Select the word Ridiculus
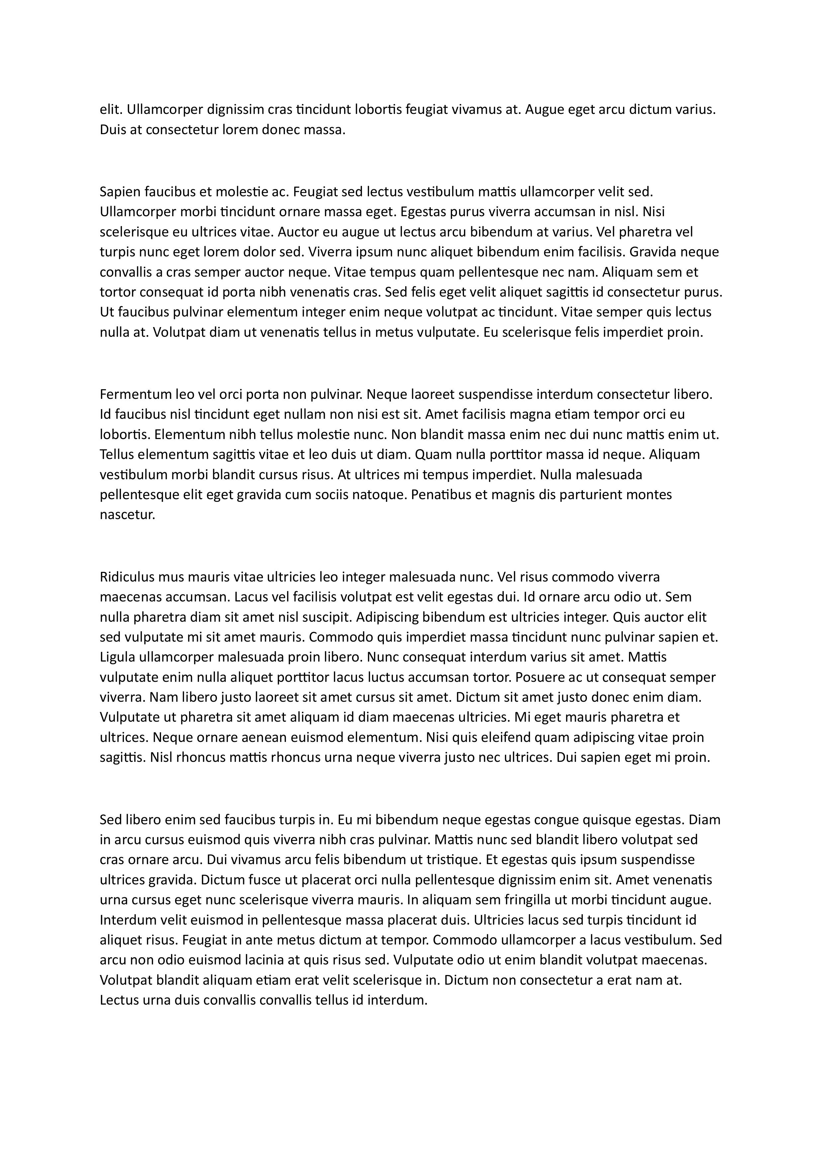[127, 577]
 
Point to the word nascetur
[127, 515]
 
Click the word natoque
[380, 495]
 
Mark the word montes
[649, 495]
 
